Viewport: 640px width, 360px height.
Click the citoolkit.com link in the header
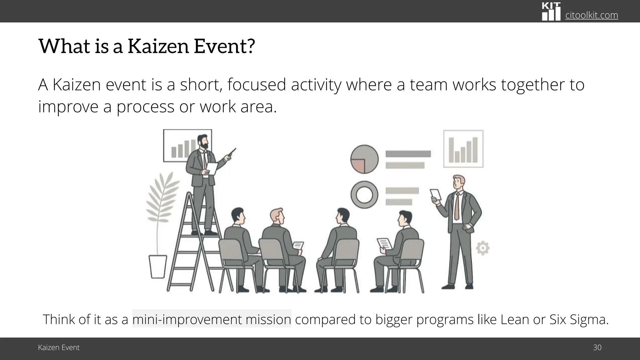click(x=591, y=15)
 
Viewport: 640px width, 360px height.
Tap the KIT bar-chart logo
click(x=551, y=12)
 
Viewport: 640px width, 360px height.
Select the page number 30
click(x=597, y=347)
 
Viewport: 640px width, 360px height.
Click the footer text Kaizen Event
click(x=59, y=347)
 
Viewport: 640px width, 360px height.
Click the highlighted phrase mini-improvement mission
click(x=212, y=319)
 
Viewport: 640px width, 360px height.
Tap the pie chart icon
click(x=364, y=159)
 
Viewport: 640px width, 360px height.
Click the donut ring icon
click(x=364, y=195)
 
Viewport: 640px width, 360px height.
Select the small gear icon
click(x=482, y=248)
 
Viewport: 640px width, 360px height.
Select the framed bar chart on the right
click(x=463, y=149)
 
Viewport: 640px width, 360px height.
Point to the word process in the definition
click(x=145, y=107)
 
